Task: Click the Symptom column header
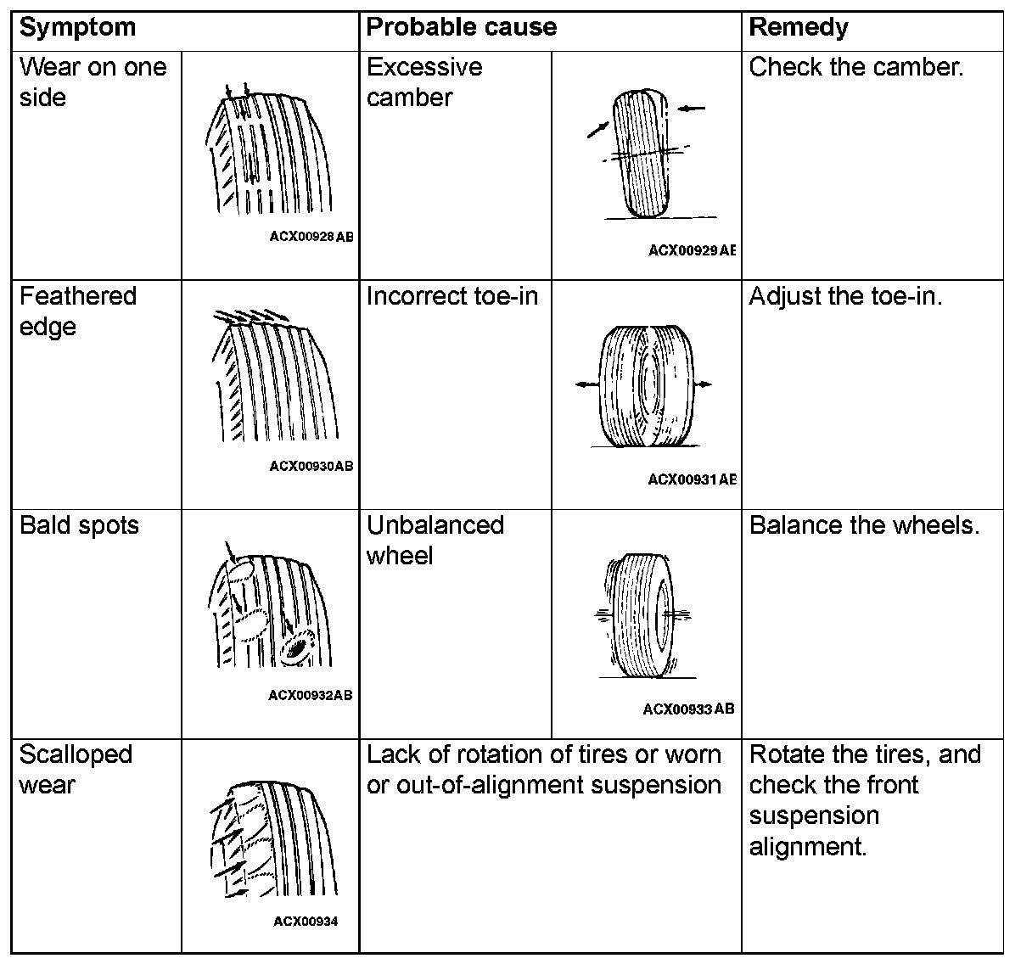(x=77, y=28)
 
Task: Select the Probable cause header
(x=461, y=28)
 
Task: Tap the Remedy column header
(x=798, y=28)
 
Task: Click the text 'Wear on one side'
(x=93, y=82)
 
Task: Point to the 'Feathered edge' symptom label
(x=77, y=311)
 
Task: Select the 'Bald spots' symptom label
(x=79, y=525)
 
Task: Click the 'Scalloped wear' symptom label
(x=76, y=770)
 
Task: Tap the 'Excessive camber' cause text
(x=423, y=82)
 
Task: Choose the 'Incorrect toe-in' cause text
(x=451, y=297)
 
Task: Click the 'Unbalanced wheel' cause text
(x=435, y=541)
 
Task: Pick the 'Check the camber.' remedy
(x=856, y=68)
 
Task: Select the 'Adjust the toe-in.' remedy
(x=845, y=297)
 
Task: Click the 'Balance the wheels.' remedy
(x=864, y=525)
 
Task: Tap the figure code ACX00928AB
(x=311, y=237)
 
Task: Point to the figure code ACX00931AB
(x=691, y=479)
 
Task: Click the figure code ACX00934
(x=306, y=922)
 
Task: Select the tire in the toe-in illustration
(x=645, y=386)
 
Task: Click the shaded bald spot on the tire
(x=296, y=649)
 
